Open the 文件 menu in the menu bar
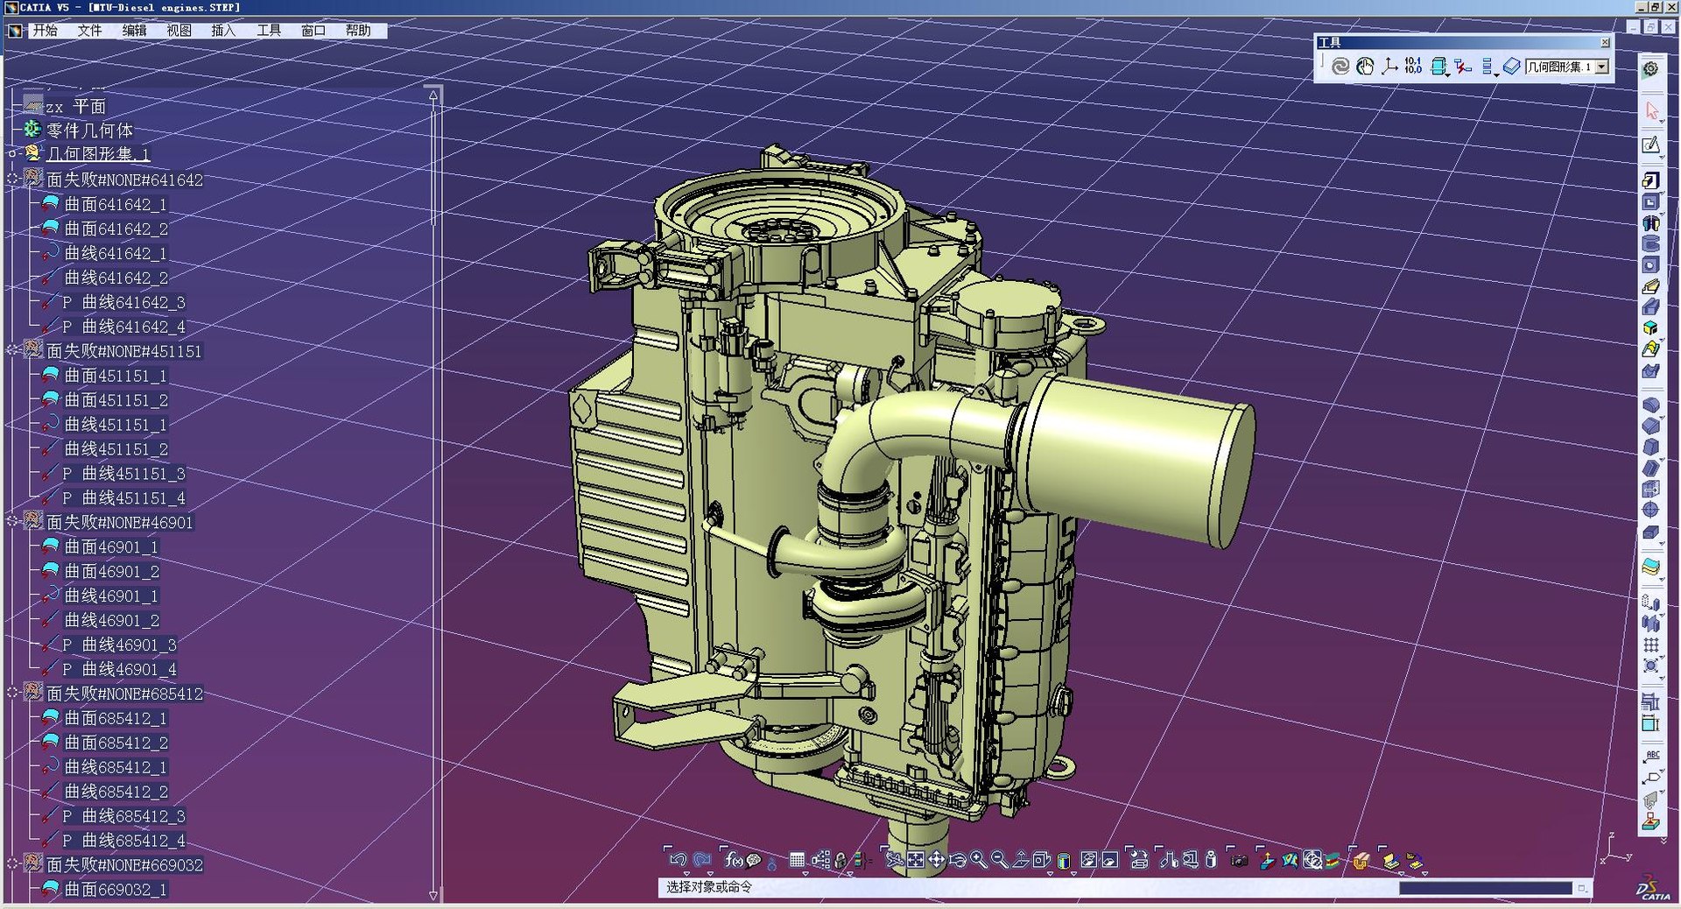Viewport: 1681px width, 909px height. pos(89,31)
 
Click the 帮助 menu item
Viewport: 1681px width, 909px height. pos(357,31)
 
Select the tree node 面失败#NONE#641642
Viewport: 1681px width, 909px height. pos(124,180)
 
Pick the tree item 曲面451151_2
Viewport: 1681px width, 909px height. pos(116,400)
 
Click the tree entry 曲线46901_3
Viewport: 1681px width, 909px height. pos(129,645)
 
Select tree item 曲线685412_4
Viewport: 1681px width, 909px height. pos(133,841)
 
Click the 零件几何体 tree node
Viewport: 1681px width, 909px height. pos(89,130)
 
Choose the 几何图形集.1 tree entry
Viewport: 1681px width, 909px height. pos(97,154)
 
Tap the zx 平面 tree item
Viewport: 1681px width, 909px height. pos(75,107)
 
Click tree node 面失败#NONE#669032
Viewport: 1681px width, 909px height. pos(124,865)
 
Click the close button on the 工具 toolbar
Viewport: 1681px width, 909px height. pos(1605,42)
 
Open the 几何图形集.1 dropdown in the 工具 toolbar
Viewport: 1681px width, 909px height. pos(1602,67)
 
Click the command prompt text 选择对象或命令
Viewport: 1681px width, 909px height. pos(709,887)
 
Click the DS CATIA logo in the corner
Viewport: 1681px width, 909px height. pos(1653,888)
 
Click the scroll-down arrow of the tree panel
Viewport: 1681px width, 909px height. pos(433,895)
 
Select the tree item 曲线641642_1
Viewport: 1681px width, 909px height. pos(116,253)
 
